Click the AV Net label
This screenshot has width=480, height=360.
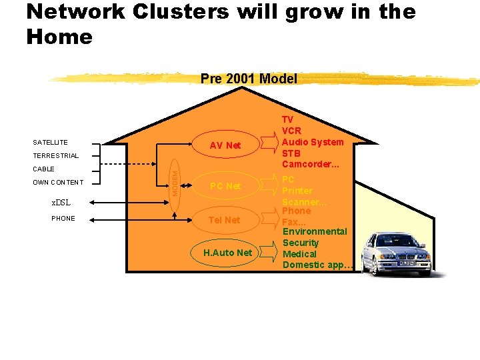coord(225,145)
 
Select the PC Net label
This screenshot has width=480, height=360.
coord(225,186)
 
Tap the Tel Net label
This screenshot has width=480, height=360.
coord(224,220)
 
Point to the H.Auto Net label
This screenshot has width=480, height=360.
coord(228,253)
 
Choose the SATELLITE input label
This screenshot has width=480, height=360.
coord(51,142)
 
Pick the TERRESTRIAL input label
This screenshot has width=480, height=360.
coord(56,156)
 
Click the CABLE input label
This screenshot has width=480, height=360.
coord(44,169)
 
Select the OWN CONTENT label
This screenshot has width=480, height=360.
coord(59,183)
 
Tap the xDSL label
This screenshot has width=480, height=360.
coord(61,203)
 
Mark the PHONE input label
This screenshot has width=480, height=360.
coord(63,219)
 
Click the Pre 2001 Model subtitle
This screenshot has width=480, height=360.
coord(249,79)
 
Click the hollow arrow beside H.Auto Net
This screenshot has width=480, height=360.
coord(269,251)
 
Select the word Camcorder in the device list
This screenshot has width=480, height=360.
coord(309,164)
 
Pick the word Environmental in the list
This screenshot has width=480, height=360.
coord(315,231)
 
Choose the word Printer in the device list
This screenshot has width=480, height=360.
coord(297,191)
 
